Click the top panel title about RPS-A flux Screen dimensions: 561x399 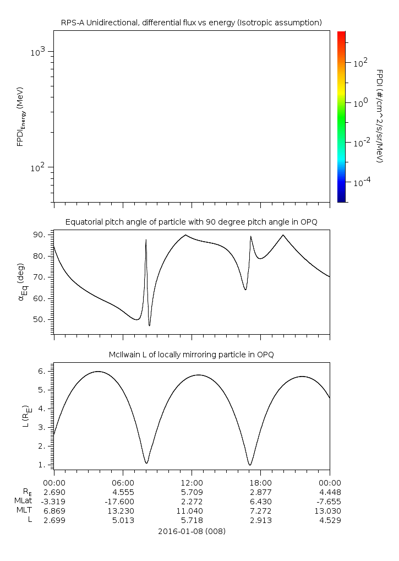[191, 23]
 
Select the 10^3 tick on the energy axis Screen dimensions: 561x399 [40, 52]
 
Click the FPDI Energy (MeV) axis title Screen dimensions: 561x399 [20, 116]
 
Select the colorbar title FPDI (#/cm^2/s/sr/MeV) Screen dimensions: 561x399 [379, 116]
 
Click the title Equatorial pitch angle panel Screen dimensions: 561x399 [191, 222]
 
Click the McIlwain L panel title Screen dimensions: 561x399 [191, 355]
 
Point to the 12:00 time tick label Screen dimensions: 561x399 [192, 481]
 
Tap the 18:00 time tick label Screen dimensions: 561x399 [260, 481]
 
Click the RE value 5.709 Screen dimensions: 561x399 [192, 492]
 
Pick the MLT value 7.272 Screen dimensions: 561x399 [260, 511]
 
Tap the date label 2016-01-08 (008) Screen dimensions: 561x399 [192, 532]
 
